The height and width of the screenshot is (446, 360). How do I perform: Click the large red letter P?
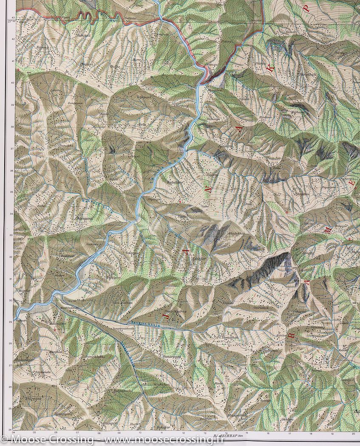pos(305,8)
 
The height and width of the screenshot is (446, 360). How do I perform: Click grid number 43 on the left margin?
pos(13,17)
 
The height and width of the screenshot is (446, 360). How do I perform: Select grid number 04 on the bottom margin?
pos(14,433)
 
